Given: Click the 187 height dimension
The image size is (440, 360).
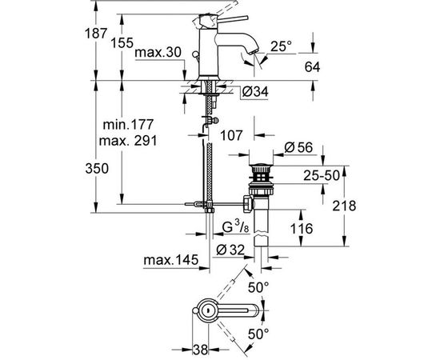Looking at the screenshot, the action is [x=96, y=34].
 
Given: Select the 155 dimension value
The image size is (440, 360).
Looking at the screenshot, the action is [x=122, y=43].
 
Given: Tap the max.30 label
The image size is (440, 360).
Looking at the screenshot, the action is [x=158, y=53].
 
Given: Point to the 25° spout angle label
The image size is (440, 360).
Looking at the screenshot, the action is [x=281, y=46].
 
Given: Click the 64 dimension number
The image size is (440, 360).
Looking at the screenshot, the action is [x=312, y=67].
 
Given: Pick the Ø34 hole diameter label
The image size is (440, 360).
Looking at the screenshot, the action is [x=255, y=92].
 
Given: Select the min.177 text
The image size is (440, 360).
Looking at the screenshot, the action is [x=128, y=124].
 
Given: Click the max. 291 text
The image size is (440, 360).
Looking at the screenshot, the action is [x=128, y=141].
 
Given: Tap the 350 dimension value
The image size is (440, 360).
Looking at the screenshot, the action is [x=97, y=169].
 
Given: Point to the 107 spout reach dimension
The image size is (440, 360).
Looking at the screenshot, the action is [x=231, y=135].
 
